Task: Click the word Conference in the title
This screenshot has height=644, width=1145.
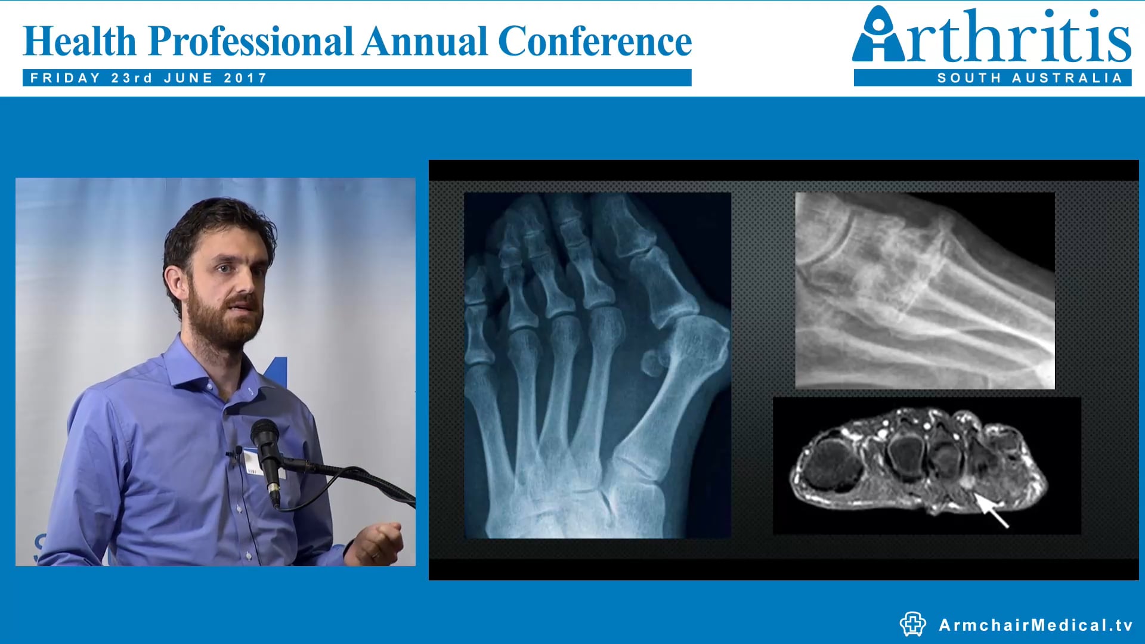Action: coord(595,42)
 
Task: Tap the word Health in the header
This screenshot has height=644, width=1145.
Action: coord(80,42)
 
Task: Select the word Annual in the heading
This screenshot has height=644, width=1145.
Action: coord(425,42)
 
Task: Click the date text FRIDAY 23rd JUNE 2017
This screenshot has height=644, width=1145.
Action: coord(148,78)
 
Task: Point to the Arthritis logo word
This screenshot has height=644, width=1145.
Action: coord(991,36)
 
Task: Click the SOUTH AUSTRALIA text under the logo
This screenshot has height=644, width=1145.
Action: coord(1029,78)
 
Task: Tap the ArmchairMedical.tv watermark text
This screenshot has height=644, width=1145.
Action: coord(1035,625)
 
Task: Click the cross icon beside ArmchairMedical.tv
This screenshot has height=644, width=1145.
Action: coord(912,624)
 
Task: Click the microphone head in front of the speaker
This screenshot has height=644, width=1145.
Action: coord(264,431)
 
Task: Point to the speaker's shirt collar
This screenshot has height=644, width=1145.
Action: coord(191,364)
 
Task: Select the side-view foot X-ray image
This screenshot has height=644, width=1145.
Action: coord(924,290)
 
